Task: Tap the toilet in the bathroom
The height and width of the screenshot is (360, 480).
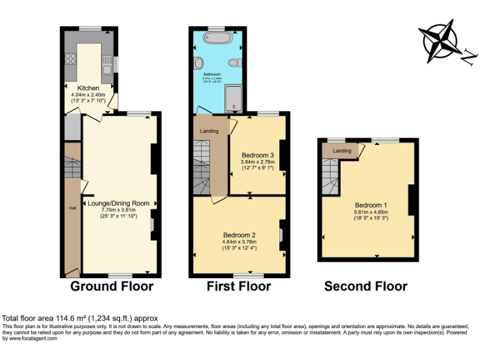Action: tap(234, 62)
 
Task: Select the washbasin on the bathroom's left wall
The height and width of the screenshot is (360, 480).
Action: tap(199, 63)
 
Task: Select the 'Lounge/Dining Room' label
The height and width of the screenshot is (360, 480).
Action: tap(118, 203)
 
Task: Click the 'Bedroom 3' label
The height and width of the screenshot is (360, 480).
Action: tap(257, 155)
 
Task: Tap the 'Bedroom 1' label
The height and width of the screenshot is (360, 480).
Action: tap(371, 205)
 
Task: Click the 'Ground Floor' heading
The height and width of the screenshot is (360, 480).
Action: tap(111, 286)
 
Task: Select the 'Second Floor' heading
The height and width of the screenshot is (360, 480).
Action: tap(366, 286)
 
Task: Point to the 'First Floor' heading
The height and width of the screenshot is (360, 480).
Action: tap(239, 286)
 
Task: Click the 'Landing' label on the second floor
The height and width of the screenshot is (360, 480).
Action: tap(341, 151)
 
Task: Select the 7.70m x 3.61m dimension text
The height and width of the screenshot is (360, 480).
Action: tap(118, 211)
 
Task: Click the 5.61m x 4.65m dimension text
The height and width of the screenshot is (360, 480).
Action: tap(371, 212)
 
